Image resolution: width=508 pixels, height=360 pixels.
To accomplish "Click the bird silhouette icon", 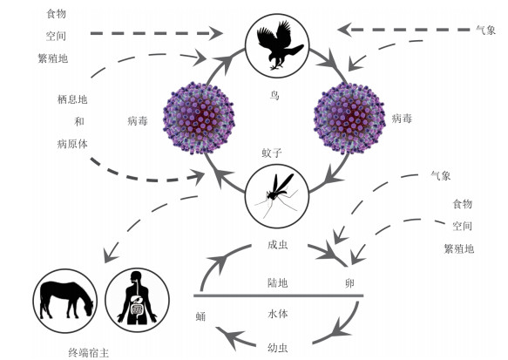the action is (x=278, y=45).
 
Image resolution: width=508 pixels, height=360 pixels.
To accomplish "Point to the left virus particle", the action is (x=199, y=118).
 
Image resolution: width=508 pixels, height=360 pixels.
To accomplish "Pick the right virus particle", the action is (x=349, y=118).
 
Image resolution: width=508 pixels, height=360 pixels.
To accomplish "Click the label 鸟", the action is (x=274, y=95).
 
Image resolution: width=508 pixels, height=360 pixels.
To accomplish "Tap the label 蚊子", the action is (x=272, y=153).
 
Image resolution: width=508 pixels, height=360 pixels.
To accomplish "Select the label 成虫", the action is (x=278, y=245).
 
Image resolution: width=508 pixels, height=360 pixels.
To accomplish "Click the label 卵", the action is (x=349, y=283).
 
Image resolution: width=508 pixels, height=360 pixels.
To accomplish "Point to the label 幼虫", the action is (x=278, y=348).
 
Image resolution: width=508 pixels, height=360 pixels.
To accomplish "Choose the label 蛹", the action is (x=201, y=316).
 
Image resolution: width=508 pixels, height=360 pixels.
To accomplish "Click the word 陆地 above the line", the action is (x=278, y=283).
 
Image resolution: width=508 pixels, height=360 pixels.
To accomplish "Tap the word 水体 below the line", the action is (x=278, y=314).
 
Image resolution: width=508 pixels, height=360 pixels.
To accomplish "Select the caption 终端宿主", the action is (x=89, y=352).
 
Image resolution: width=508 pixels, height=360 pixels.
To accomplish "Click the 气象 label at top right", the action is (x=486, y=30).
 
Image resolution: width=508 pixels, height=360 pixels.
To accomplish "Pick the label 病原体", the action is (x=72, y=144).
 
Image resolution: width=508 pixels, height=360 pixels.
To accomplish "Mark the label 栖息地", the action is (x=72, y=99).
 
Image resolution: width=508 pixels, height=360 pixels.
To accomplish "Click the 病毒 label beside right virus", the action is (x=402, y=119).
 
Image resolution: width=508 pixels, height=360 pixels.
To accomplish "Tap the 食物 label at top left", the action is (x=57, y=13).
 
